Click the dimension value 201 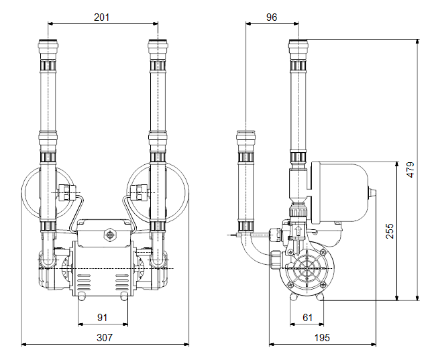pos(101,17)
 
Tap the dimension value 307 pos(105,337)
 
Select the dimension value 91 pos(103,318)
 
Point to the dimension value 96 pos(272,17)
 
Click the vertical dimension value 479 pos(410,170)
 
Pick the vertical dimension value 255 pos(390,231)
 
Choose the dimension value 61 pos(307,318)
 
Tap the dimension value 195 pos(322,337)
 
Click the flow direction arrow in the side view pos(298,231)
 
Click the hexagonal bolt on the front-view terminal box pos(110,235)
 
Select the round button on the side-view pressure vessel pos(372,192)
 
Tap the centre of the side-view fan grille pos(307,269)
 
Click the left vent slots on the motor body pos(84,282)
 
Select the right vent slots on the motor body pos(122,282)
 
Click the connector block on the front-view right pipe pos(138,192)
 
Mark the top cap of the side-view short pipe pos(246,137)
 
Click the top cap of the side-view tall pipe pos(298,46)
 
